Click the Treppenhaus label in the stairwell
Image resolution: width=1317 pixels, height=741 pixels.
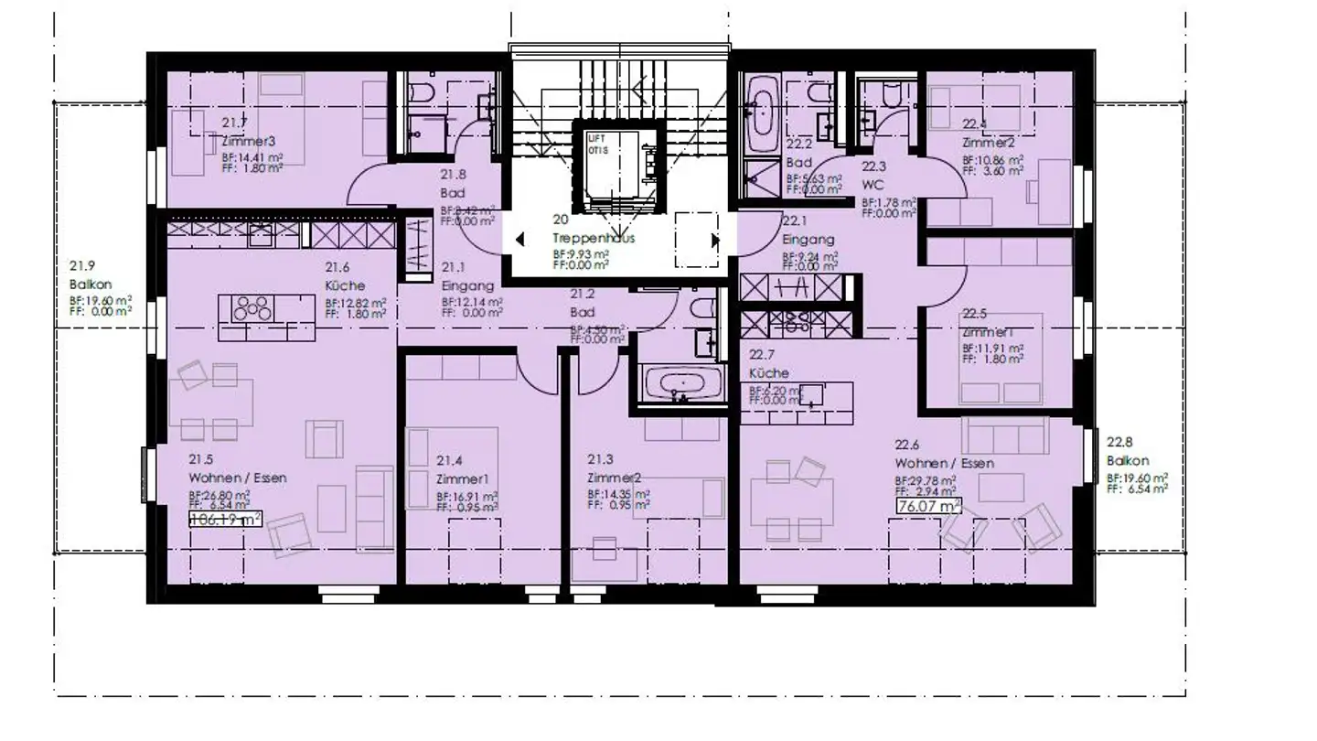tap(593, 238)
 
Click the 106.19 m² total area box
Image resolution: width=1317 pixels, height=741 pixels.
tap(225, 519)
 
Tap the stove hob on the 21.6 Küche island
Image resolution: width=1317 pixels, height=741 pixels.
tap(252, 307)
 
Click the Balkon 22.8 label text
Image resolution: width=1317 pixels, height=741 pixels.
tap(1128, 461)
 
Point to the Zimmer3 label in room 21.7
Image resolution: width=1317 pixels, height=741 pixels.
tap(249, 142)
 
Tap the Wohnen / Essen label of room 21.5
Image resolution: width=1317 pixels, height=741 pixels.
tap(237, 478)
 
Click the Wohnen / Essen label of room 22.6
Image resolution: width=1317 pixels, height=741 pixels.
tap(944, 464)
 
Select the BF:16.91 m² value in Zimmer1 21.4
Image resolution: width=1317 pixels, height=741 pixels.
tap(466, 496)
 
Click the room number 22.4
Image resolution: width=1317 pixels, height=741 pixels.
tap(974, 124)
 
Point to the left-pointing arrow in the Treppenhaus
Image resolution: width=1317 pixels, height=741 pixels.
tap(519, 240)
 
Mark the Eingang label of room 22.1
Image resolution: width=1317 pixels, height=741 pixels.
tap(808, 240)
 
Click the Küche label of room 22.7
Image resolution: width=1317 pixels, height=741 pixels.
tap(768, 373)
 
